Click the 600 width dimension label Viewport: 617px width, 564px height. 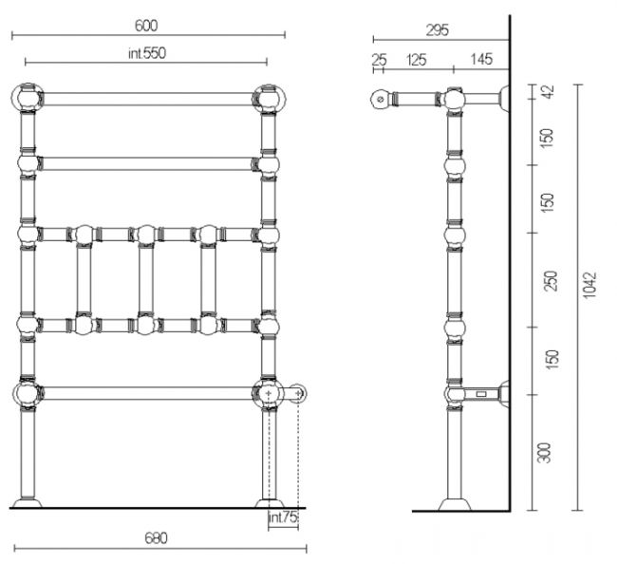[146, 26]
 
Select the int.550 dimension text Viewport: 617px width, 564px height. [147, 53]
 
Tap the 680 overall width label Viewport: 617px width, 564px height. [156, 537]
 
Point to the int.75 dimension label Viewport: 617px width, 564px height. [282, 517]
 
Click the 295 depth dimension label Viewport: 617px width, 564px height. [438, 30]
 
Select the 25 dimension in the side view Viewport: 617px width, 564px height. [379, 60]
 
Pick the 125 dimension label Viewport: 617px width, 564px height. [417, 60]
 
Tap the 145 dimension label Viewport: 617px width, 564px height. [481, 60]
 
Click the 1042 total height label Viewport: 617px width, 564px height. [589, 284]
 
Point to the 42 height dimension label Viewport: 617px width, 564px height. [548, 92]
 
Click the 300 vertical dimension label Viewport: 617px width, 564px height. [543, 453]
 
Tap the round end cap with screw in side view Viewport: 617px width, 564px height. [380, 99]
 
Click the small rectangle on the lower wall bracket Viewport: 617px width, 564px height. [481, 394]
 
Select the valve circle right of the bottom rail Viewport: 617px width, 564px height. [299, 393]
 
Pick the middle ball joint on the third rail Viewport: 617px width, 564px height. [146, 235]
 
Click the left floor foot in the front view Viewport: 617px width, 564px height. [28, 503]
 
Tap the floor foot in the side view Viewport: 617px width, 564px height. [455, 505]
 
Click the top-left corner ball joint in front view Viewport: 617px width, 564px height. [27, 98]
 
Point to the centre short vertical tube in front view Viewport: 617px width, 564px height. [146, 279]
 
